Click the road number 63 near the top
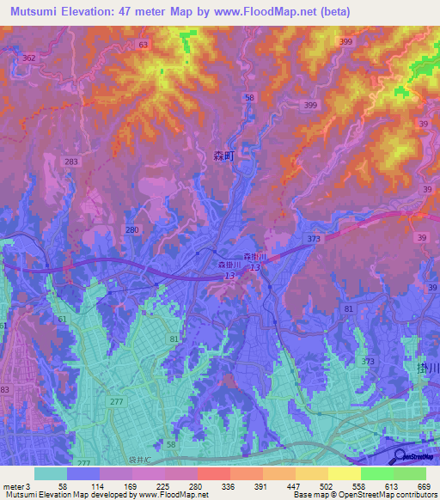(x=143, y=44)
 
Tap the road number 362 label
(x=29, y=58)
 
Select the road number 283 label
(x=71, y=161)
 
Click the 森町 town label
(x=223, y=156)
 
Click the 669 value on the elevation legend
(x=423, y=485)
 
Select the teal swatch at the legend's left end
(x=51, y=473)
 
